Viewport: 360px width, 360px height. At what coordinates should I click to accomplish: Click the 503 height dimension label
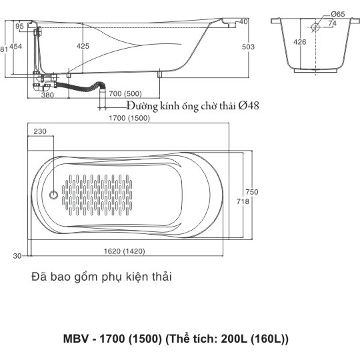coord(248,47)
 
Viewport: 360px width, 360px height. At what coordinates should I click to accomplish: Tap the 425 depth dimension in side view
coord(83,46)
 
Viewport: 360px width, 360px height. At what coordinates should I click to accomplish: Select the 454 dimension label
coord(15,47)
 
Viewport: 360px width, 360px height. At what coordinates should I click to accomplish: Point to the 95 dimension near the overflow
coord(19,26)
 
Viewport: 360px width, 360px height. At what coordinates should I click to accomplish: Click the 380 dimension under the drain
coord(47,95)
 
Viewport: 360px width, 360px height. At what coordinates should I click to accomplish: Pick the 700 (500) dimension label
coord(125,94)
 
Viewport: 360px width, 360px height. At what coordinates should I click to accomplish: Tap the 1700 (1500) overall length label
coord(129,118)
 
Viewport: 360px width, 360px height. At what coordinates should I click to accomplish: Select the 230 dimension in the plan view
coord(40,131)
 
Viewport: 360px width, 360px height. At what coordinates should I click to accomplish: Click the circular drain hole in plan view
coord(54,195)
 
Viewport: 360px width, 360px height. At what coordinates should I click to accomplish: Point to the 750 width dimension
coord(252,192)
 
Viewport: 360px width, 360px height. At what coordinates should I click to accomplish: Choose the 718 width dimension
coord(243,201)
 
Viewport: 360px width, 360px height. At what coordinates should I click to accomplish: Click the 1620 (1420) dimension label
coord(125,251)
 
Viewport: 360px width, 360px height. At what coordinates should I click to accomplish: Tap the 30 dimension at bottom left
coord(17,256)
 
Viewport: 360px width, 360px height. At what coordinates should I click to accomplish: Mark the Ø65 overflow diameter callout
coord(338,14)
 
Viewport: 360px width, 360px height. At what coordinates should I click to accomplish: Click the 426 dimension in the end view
coord(300,42)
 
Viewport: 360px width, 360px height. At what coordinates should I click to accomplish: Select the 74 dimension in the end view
coord(333,23)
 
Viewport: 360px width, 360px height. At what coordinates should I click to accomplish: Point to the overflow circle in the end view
coord(316,27)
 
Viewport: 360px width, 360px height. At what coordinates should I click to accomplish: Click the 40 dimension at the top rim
coord(243,21)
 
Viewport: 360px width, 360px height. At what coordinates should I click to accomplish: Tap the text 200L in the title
coord(234,339)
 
